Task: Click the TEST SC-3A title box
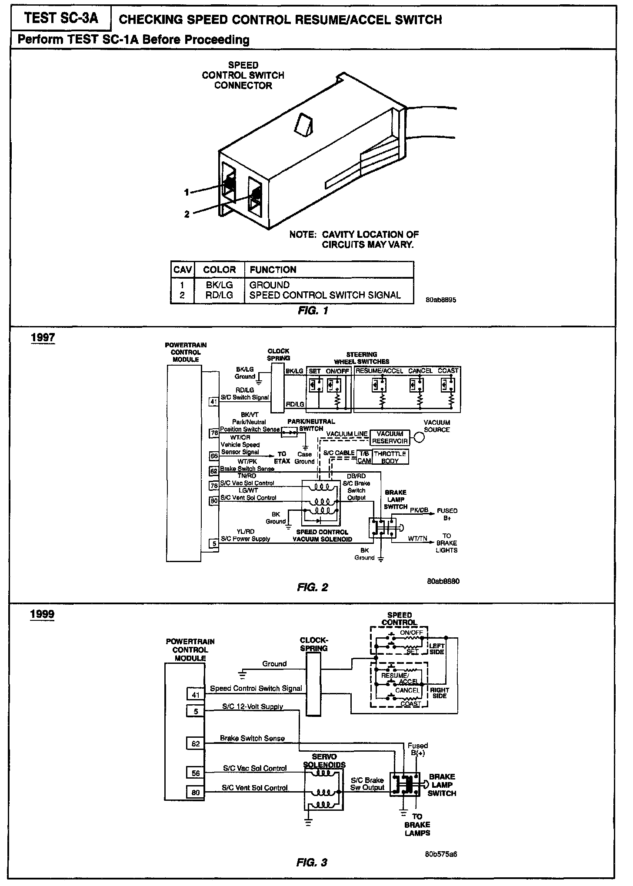(61, 19)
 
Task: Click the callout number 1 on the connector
(186, 192)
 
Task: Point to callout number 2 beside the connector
(187, 214)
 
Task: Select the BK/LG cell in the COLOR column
(219, 285)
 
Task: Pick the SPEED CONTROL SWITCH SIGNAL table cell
(325, 295)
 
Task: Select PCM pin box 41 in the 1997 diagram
(213, 402)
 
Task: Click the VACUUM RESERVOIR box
(390, 437)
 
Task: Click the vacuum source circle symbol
(420, 438)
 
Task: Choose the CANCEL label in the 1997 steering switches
(420, 371)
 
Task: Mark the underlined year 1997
(43, 338)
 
